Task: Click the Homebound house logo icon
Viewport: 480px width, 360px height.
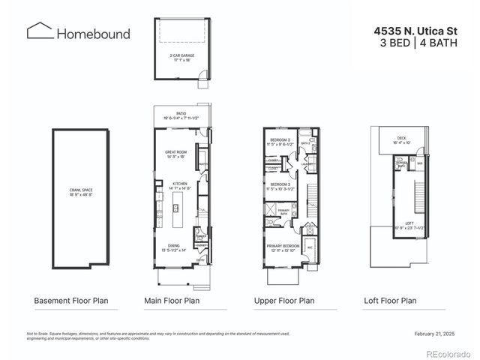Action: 38,31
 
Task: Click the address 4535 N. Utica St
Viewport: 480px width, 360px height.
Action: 415,31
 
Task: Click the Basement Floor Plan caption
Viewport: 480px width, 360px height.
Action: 71,301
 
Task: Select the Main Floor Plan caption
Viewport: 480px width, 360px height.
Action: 172,301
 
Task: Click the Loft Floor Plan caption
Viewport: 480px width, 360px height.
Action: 388,301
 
